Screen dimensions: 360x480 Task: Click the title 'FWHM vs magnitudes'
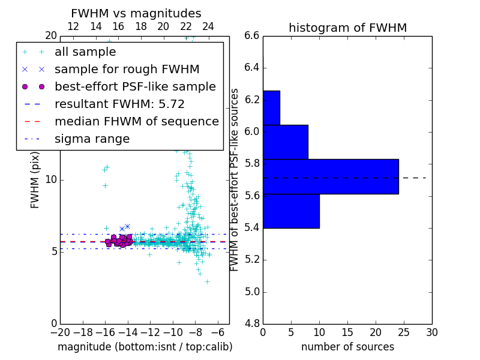136,13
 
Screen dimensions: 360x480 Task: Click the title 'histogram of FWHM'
347,28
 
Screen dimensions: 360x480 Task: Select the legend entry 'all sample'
85,52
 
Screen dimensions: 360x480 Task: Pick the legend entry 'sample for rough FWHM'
127,69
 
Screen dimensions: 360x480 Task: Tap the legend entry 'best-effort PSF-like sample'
135,86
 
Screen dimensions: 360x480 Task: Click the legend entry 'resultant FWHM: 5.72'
119,104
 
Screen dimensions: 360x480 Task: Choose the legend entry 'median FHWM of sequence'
136,121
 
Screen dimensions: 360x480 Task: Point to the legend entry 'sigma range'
92,139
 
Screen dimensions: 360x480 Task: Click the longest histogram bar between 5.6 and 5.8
331,176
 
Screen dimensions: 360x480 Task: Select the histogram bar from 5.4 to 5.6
291,211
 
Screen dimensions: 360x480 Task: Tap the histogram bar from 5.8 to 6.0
286,142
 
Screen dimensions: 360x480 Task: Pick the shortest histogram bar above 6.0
271,108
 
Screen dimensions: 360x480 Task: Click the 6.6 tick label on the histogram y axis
251,35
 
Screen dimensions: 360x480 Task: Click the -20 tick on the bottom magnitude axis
59,332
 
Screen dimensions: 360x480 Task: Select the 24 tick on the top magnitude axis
208,26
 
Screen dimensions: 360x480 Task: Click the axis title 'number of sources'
347,347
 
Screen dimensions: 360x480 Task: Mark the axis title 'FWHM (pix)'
35,179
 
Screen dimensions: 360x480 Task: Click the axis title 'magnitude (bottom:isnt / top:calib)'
145,347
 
